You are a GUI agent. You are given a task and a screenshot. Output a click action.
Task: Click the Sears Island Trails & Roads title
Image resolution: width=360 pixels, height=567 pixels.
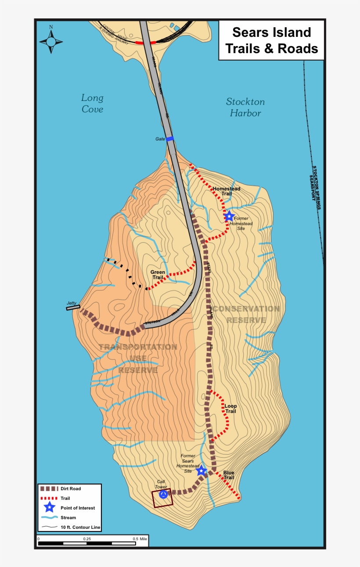[271, 40]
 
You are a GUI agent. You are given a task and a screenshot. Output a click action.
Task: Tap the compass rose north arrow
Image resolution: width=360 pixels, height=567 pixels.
[51, 41]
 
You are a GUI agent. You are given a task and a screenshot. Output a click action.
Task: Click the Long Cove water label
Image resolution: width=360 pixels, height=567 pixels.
[92, 104]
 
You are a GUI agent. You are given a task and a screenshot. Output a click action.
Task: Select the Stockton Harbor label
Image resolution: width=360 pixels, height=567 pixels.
[245, 108]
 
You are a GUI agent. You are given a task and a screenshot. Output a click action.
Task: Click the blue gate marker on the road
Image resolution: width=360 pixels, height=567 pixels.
[170, 139]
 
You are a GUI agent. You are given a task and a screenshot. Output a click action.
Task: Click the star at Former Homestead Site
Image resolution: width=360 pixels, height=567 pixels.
[229, 216]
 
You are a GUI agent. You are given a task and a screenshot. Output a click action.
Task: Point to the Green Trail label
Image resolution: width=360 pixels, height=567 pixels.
[158, 275]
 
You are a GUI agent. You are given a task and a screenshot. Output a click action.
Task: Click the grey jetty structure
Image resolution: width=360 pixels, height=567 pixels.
[73, 308]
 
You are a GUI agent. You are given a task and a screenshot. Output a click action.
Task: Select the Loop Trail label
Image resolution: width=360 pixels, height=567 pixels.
[230, 409]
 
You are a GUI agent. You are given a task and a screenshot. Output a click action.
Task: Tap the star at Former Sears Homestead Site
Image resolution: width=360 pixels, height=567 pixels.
[201, 471]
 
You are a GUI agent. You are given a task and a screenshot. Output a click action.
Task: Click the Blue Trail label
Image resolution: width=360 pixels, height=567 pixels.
[228, 475]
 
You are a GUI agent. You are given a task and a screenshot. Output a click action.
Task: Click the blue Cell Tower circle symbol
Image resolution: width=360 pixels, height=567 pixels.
[163, 495]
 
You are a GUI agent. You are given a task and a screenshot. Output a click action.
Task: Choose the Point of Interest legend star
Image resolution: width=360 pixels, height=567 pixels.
[49, 508]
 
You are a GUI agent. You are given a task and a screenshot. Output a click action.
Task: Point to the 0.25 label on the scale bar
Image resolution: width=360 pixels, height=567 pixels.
[86, 538]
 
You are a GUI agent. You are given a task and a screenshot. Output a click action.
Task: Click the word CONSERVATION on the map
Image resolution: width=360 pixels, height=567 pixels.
[246, 309]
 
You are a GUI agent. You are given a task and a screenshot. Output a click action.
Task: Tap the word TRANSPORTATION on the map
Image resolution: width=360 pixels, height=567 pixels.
[138, 347]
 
